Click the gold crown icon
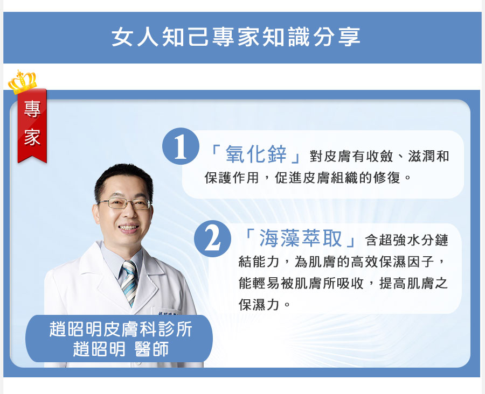coord(22,82)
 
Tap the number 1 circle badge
coord(181,146)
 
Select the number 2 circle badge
coord(212,238)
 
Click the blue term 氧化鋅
coord(256,154)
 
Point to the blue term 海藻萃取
coord(300,238)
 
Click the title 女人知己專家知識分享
coord(236,37)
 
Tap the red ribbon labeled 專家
coord(32,126)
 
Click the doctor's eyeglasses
coord(124,203)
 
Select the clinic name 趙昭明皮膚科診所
coord(121,329)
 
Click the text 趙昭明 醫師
coord(121,349)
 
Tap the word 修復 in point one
coord(387,178)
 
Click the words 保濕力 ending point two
coord(259,305)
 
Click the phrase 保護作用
coord(231,178)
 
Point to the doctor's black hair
coord(123,180)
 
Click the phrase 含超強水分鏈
coord(407,240)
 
